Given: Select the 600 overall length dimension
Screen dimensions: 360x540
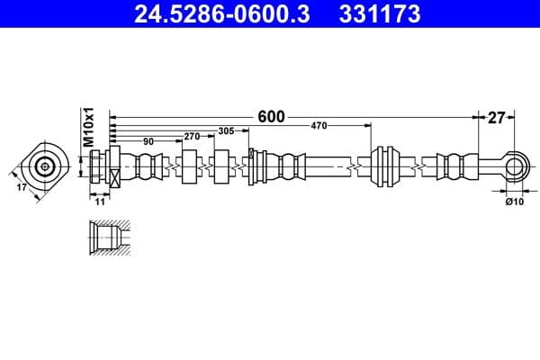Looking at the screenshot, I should [271, 116].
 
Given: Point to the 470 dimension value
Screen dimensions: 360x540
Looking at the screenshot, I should [319, 126].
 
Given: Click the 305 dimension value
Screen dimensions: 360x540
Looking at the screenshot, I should [226, 131].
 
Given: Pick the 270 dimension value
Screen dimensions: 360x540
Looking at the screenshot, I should [191, 136].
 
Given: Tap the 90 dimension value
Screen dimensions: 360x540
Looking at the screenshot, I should [148, 141].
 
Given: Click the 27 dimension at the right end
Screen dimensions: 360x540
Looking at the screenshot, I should [497, 116].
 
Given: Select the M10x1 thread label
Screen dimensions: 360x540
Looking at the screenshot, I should [89, 127].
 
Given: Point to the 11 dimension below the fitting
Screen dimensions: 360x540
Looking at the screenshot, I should [100, 202].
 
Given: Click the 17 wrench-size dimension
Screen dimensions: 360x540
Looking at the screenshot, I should [22, 187].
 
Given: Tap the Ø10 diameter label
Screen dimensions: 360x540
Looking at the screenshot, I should [515, 202].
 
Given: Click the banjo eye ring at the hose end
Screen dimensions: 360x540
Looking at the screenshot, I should [515, 166].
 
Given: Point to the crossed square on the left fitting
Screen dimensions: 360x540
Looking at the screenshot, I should [115, 177].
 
